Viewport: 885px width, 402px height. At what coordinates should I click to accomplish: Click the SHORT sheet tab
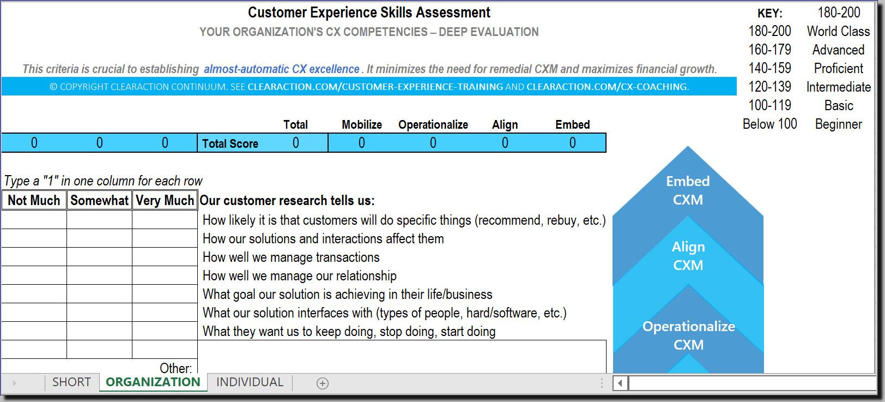(71, 382)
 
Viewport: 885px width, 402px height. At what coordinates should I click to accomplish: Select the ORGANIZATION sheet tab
(153, 382)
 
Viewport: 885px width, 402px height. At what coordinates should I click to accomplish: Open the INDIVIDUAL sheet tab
(250, 382)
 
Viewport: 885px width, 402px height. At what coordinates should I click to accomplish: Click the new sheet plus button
(323, 383)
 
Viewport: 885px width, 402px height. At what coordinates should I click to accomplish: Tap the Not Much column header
(34, 200)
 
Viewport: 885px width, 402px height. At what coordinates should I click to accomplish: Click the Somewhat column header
(99, 200)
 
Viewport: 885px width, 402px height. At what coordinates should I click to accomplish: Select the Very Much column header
(165, 200)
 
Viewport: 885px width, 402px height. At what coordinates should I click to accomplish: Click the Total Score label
(230, 143)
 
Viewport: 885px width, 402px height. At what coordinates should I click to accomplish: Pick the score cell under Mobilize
(362, 143)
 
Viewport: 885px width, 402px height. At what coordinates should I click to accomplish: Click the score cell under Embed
(572, 143)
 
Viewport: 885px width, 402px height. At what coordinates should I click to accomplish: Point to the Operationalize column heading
(433, 124)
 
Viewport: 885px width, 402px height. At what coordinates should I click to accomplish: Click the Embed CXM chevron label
(688, 190)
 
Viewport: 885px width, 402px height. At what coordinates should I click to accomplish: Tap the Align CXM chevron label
(688, 256)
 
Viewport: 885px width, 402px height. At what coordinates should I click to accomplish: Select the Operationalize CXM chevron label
(688, 335)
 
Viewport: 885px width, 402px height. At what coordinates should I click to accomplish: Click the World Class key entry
(838, 31)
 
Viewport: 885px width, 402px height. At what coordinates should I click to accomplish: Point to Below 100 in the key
(769, 124)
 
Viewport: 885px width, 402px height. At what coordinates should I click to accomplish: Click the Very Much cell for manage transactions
(165, 257)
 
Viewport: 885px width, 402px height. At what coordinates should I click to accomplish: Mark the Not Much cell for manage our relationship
(34, 275)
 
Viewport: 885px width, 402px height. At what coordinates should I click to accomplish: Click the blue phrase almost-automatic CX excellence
(281, 69)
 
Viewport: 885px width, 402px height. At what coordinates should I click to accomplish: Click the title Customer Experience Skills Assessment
(369, 13)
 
